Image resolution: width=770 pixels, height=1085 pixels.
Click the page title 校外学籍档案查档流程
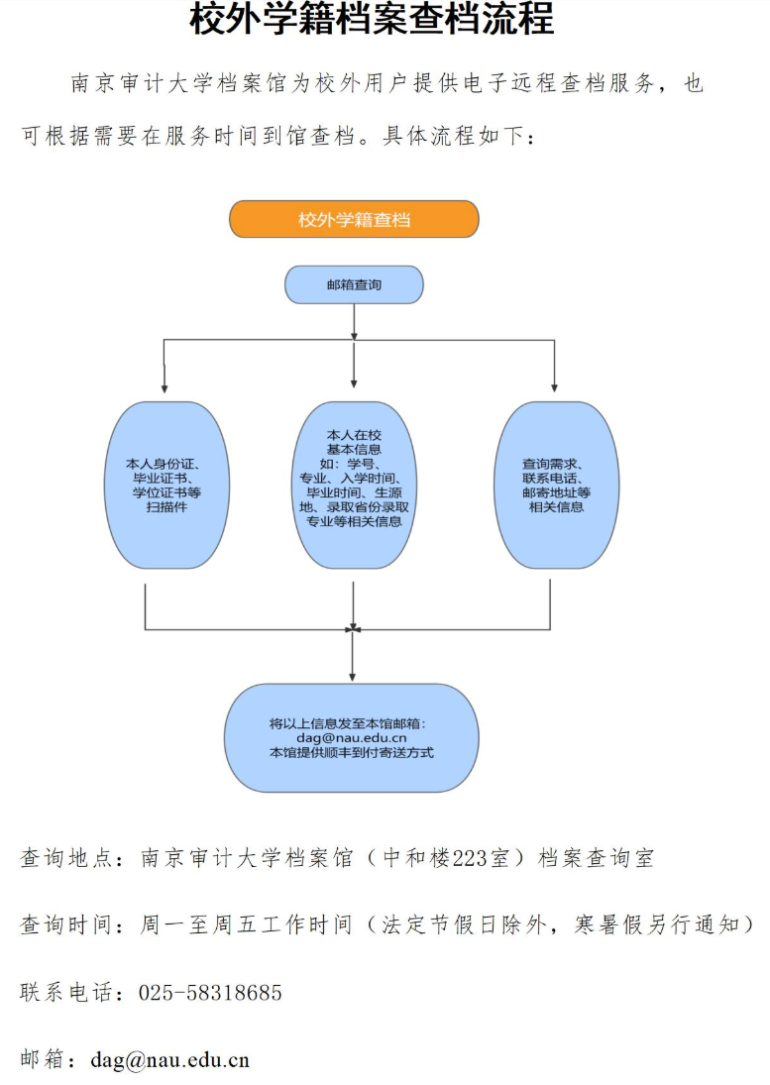click(x=372, y=19)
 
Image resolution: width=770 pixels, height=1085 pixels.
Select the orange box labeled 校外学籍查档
click(x=354, y=219)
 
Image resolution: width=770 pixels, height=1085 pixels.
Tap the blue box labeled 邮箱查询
click(x=354, y=284)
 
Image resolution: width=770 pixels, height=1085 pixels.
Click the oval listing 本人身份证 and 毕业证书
click(x=166, y=486)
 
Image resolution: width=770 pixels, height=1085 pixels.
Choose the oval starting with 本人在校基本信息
click(x=354, y=486)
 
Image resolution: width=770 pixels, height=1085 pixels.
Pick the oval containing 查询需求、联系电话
click(x=556, y=486)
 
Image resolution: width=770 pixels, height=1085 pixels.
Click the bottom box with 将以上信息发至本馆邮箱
click(x=352, y=737)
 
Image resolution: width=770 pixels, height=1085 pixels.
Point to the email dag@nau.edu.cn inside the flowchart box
click(x=352, y=738)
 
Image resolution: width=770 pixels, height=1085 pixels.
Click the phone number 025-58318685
click(x=210, y=993)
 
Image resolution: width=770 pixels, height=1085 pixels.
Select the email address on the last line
click(x=169, y=1060)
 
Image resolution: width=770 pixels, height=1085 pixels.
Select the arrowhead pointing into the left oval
click(x=164, y=387)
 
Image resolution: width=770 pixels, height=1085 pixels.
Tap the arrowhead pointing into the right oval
click(x=554, y=387)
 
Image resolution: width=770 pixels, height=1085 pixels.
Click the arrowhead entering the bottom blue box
click(x=352, y=677)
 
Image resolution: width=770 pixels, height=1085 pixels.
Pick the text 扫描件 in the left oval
click(x=166, y=507)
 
